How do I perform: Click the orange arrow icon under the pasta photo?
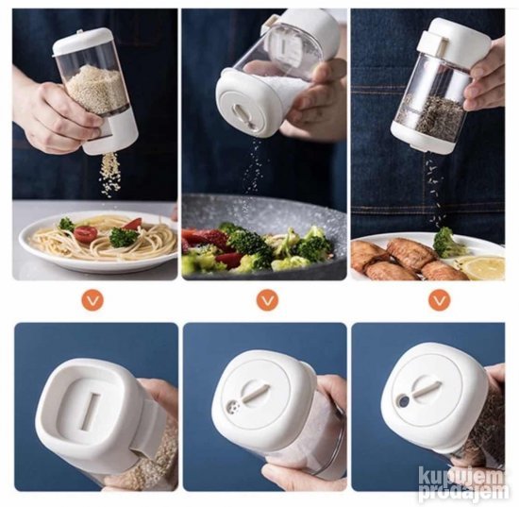click(x=92, y=300)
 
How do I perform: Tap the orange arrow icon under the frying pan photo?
click(x=267, y=300)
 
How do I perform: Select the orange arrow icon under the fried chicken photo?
click(x=440, y=300)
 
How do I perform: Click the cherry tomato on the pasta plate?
click(x=85, y=233)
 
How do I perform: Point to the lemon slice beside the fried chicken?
click(x=484, y=267)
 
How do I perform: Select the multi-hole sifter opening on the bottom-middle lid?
click(x=233, y=406)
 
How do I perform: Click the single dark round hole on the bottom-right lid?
click(x=404, y=402)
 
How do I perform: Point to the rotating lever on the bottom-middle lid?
click(x=255, y=392)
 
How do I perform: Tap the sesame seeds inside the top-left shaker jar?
click(x=93, y=88)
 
